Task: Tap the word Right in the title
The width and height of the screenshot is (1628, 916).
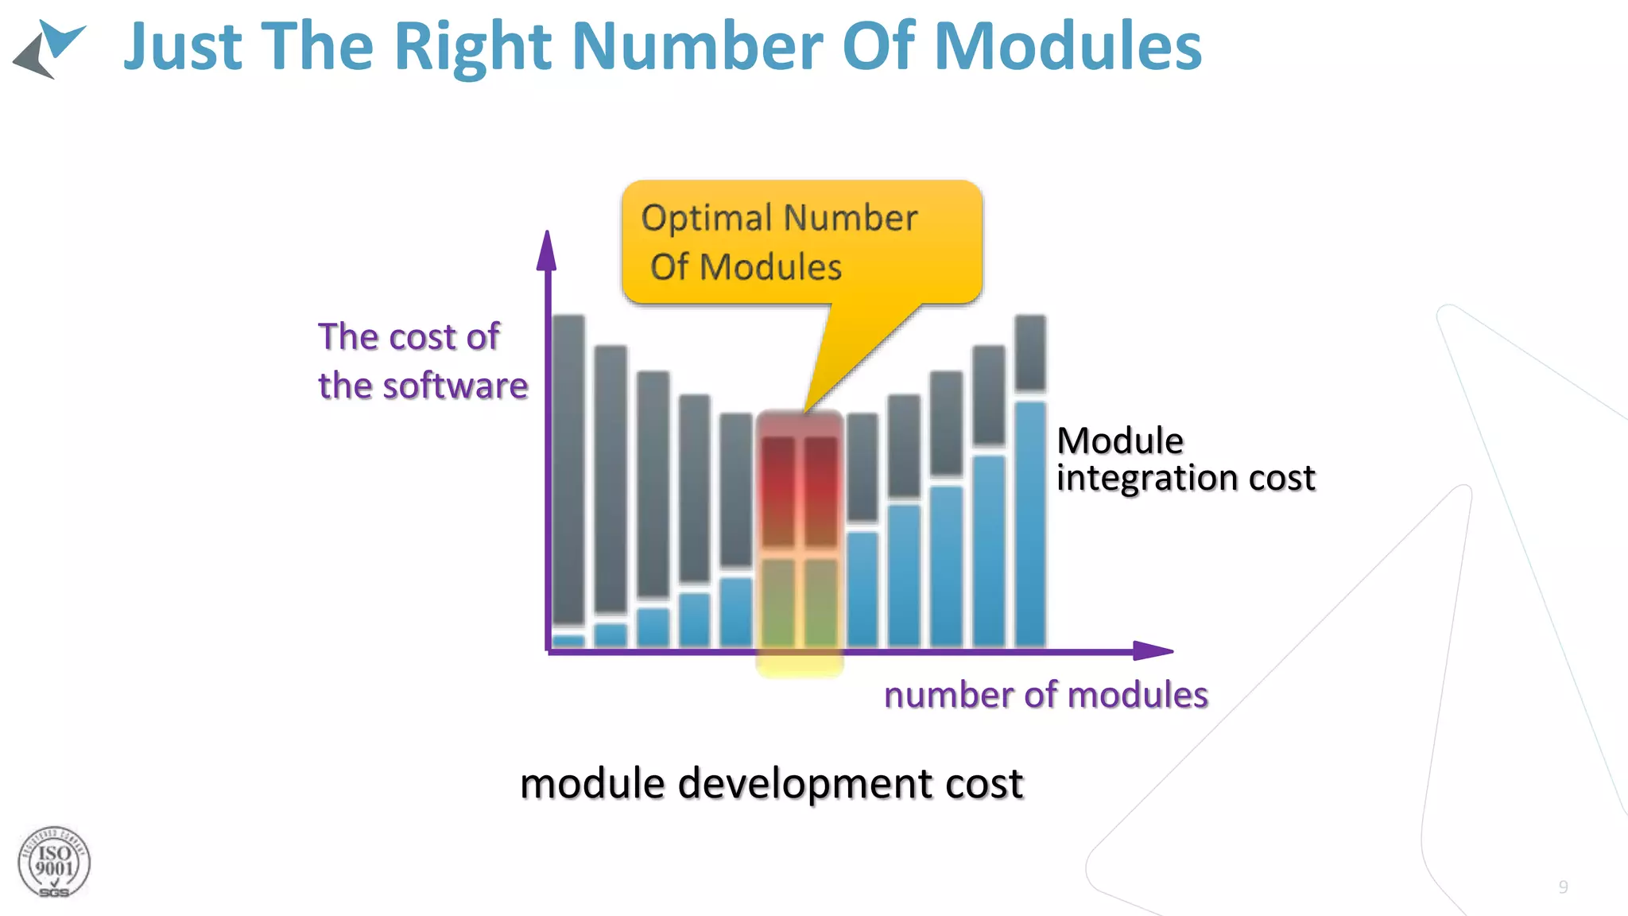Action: (472, 48)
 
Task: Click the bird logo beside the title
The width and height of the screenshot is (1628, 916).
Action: (49, 49)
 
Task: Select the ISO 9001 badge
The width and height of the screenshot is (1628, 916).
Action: (54, 863)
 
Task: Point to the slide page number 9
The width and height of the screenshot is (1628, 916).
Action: (1563, 887)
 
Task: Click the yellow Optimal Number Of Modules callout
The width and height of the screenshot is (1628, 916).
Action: (801, 242)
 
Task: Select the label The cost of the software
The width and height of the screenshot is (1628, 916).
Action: (421, 361)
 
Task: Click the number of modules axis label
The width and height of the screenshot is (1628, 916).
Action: (1045, 695)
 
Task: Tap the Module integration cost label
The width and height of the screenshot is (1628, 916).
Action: (1184, 460)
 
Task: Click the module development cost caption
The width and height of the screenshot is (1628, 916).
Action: (771, 783)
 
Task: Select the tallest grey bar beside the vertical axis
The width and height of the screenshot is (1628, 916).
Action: (568, 469)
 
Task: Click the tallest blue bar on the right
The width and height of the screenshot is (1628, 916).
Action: (1030, 525)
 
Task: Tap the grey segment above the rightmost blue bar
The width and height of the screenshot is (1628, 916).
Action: (1030, 352)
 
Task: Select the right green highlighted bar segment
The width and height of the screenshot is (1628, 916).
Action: (820, 602)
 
